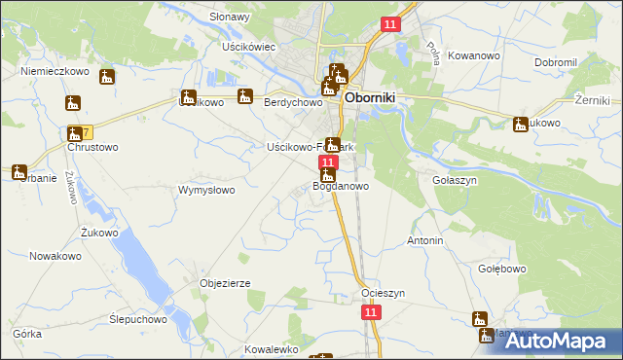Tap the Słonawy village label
point(231,17)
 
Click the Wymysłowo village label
point(205,191)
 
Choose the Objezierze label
point(226,283)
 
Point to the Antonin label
point(425,240)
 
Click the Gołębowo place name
point(502,269)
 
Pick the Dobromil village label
point(556,62)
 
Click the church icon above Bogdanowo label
point(328,175)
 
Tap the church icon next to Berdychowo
point(245,96)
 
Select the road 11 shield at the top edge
point(390,24)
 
